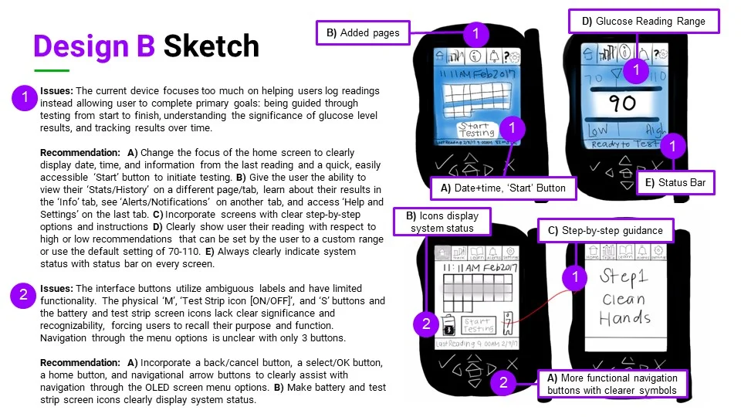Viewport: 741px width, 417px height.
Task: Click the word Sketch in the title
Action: (x=211, y=46)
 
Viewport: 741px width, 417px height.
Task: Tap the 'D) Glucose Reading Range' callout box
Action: (x=643, y=22)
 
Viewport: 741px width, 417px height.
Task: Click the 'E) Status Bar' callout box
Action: (x=677, y=183)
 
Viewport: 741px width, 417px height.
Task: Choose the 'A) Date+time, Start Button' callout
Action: (x=502, y=187)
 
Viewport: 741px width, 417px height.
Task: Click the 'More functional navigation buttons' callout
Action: (x=611, y=384)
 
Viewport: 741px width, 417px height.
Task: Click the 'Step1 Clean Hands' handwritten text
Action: (x=624, y=297)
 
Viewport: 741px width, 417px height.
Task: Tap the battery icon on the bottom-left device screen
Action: (x=448, y=324)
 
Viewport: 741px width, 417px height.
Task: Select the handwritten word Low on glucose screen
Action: (x=598, y=131)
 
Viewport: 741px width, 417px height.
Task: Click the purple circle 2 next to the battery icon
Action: (x=426, y=324)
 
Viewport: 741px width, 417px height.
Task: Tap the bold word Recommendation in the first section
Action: (x=76, y=153)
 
